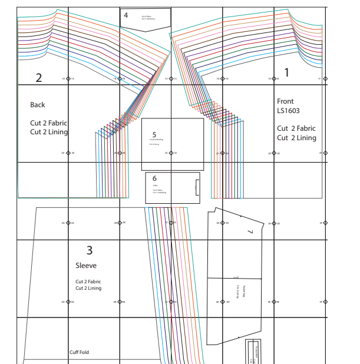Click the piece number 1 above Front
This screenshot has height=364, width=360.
click(287, 73)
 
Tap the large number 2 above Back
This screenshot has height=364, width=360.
click(39, 78)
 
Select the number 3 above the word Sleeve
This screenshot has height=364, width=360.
click(90, 250)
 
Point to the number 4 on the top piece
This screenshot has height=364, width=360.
click(125, 15)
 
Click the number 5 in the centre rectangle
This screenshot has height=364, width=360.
click(154, 135)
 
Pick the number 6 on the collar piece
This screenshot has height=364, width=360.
click(154, 178)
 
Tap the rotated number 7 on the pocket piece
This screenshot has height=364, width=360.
click(250, 232)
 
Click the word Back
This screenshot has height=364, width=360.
click(38, 105)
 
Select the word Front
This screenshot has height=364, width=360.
click(285, 101)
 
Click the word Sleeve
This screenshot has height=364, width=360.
click(85, 266)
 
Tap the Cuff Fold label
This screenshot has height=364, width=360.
click(79, 353)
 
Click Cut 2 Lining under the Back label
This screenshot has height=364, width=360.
click(49, 132)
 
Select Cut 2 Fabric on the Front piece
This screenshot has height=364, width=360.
click(296, 128)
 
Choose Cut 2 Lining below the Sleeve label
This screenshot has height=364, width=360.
click(88, 289)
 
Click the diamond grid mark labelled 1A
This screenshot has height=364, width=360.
click(68, 78)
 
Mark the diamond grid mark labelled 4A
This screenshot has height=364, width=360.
click(68, 302)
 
